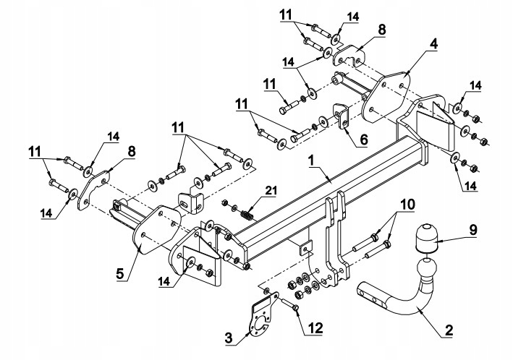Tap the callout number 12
pos(313,329)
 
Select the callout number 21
pos(269,190)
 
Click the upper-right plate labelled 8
pos(350,56)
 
